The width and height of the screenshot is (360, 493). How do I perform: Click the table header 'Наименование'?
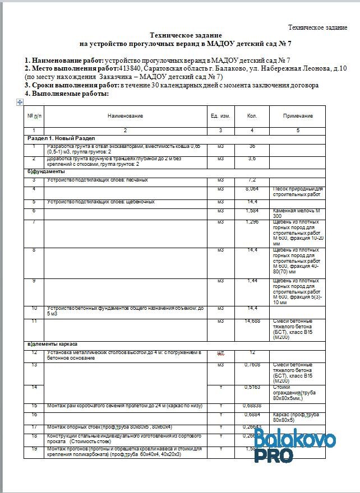[x=125, y=116]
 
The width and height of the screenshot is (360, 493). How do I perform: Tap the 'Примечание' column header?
[x=298, y=116]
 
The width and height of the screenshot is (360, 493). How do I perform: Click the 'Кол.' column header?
[x=252, y=116]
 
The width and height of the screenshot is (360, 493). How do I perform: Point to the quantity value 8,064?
[x=252, y=189]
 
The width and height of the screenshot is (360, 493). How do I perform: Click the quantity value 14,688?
[x=252, y=321]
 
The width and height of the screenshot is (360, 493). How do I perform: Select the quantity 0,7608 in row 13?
[x=252, y=365]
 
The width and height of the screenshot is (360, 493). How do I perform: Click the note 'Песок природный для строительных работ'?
[x=297, y=192]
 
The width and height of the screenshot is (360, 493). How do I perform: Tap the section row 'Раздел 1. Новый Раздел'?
[x=62, y=138]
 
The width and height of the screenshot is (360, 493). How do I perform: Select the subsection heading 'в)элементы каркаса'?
[x=53, y=343]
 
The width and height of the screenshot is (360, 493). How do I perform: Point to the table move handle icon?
[x=20, y=101]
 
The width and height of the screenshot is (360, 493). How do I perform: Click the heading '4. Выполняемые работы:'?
[x=66, y=94]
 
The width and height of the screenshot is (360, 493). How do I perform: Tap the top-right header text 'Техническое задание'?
[x=317, y=27]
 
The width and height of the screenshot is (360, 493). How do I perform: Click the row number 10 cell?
[x=34, y=308]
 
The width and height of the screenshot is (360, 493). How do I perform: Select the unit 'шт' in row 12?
[x=220, y=353]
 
